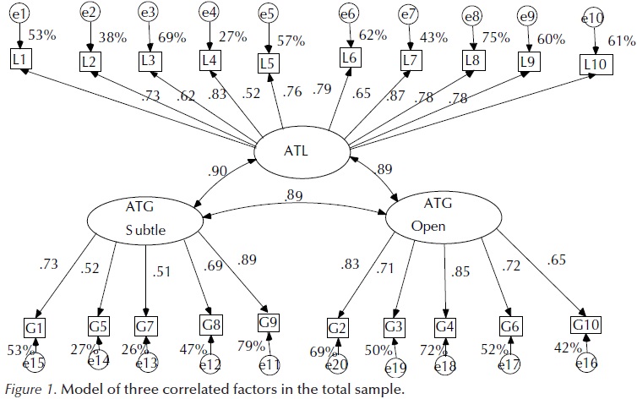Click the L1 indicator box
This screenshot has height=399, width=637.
21,58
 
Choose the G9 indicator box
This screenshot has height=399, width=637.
269,323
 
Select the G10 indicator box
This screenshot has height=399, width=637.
586,325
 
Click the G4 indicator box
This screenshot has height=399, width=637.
444,325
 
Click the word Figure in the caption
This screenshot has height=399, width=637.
22,389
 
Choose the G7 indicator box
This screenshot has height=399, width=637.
146,325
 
